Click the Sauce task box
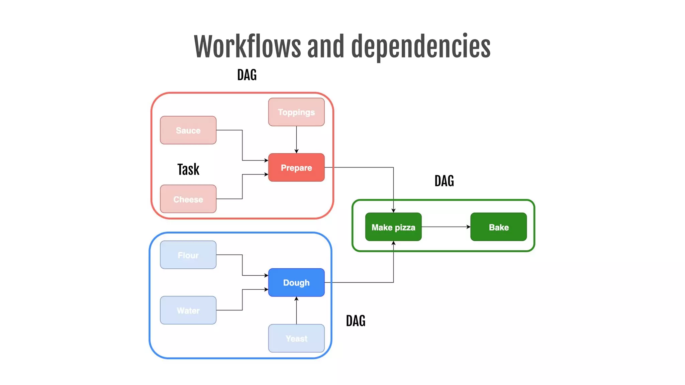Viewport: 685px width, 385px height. pos(188,130)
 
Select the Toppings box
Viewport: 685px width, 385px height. pos(296,112)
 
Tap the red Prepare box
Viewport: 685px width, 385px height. pos(296,167)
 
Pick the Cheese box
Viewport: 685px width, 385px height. pos(188,199)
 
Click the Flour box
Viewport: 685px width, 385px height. pos(188,255)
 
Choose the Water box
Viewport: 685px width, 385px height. pos(188,310)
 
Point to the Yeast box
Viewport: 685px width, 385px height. pos(296,338)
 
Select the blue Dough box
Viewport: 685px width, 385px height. pos(296,283)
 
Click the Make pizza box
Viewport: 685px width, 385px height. pos(393,227)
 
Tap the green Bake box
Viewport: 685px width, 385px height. pos(498,227)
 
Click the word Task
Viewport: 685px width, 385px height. pos(188,169)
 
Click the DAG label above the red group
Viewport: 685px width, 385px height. pos(247,75)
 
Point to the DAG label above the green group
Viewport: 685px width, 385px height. pos(444,181)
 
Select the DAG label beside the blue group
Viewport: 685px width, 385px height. pos(356,321)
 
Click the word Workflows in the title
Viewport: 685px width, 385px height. pos(247,47)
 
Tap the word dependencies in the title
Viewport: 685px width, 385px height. pos(420,47)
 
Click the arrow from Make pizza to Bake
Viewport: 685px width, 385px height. pos(446,227)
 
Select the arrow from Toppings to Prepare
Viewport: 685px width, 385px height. pos(296,139)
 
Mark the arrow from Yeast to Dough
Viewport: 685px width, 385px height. pos(296,310)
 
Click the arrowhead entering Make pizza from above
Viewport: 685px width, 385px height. pos(393,210)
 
